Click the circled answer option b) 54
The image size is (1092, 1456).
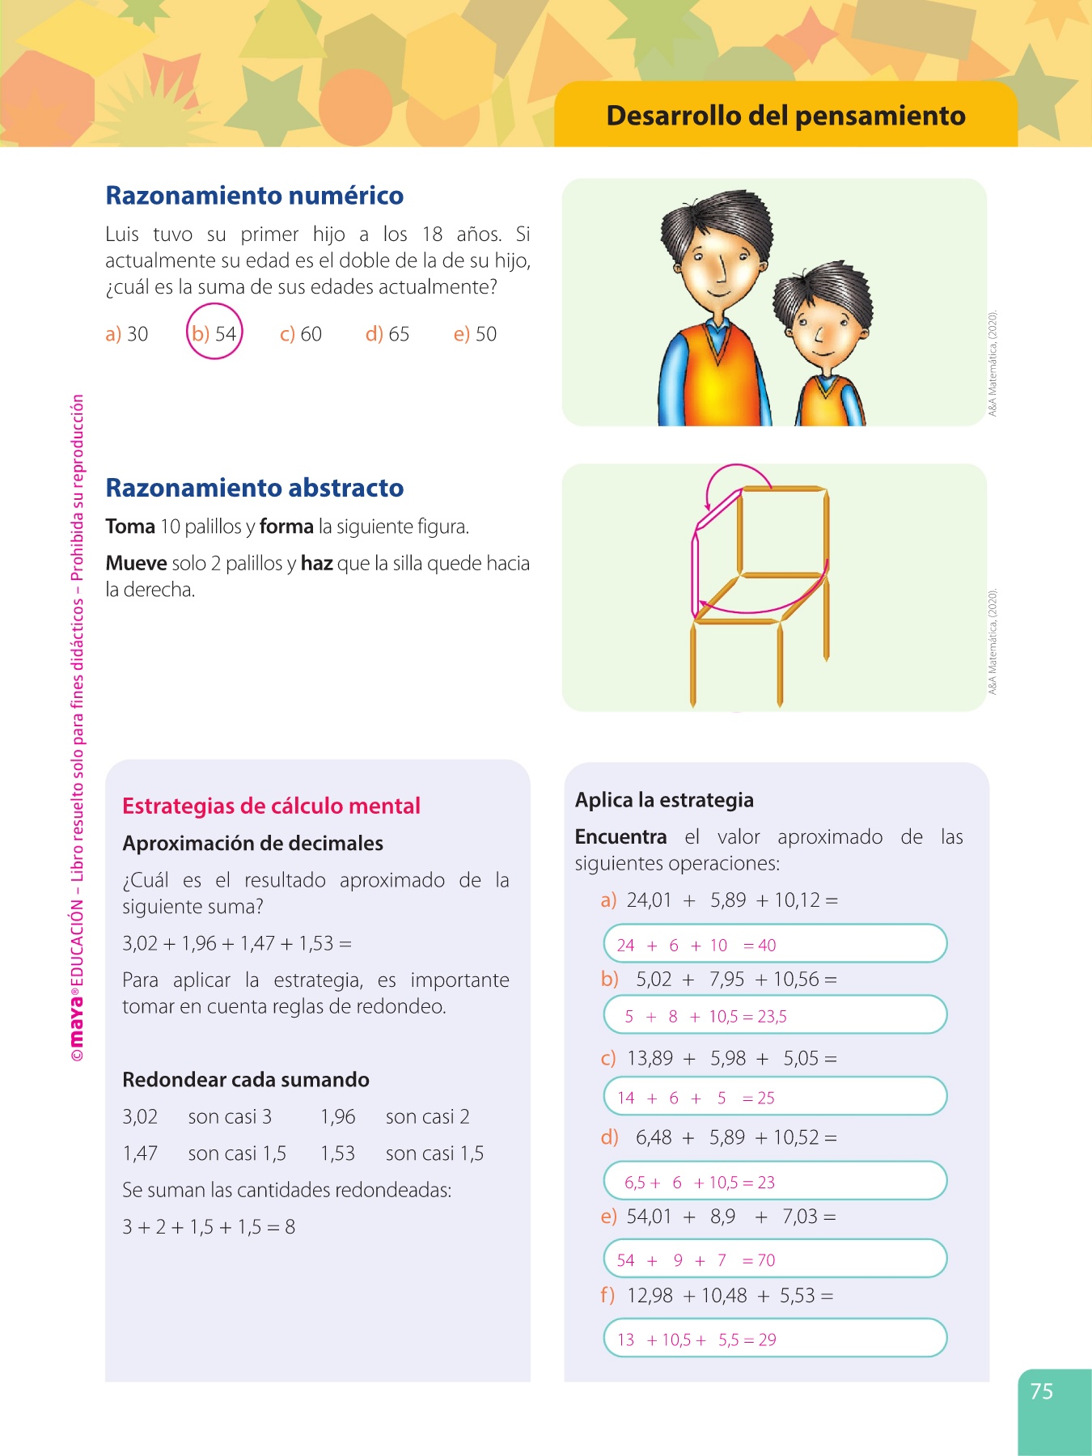pos(214,332)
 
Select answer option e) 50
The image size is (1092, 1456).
pos(475,334)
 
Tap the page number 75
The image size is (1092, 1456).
pos(1042,1391)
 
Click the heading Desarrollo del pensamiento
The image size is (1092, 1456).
pos(785,116)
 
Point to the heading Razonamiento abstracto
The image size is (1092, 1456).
pos(255,488)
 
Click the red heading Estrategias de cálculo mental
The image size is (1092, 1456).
pos(271,806)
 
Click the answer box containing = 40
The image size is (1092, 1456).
pos(775,944)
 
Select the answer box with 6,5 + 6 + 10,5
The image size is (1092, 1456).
pos(775,1182)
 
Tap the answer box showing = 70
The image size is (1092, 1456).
pos(775,1259)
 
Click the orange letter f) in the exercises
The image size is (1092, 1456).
pos(607,1295)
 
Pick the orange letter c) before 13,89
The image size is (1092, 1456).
pos(608,1058)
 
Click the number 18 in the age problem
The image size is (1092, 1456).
pos(432,235)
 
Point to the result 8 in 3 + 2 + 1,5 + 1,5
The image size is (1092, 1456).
pos(290,1227)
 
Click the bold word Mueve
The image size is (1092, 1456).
pos(136,563)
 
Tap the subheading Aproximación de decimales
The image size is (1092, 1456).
pos(252,843)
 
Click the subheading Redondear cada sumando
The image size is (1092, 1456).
pos(246,1080)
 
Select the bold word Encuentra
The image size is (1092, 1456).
pos(620,836)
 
